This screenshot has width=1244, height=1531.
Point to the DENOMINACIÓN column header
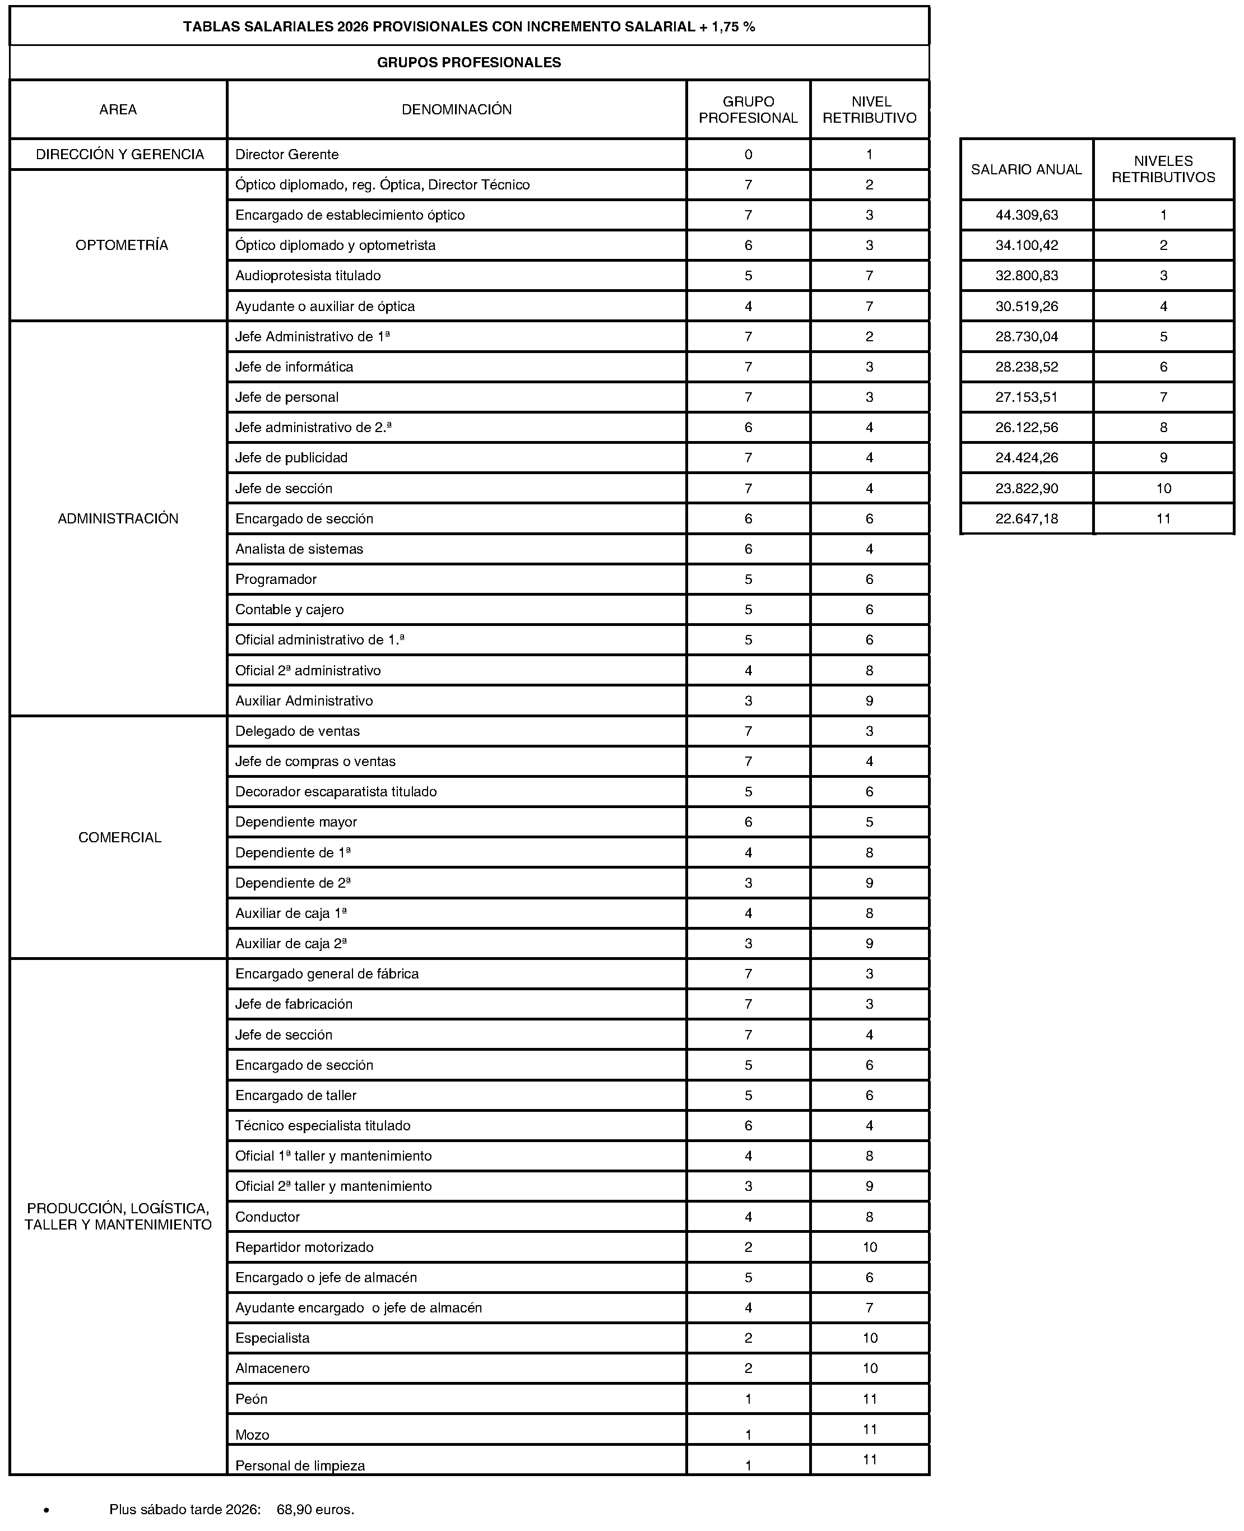pyautogui.click(x=457, y=110)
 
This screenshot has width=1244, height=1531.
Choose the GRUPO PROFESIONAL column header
pyautogui.click(x=748, y=110)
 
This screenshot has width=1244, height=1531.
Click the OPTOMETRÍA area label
pyautogui.click(x=122, y=245)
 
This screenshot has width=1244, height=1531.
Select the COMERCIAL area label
pyautogui.click(x=120, y=837)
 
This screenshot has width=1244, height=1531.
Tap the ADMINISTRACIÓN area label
pyautogui.click(x=118, y=519)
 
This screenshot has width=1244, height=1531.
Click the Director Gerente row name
pyautogui.click(x=287, y=155)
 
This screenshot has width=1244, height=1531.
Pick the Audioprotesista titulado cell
pyautogui.click(x=308, y=276)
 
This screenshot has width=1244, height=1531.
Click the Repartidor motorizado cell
pyautogui.click(x=304, y=1247)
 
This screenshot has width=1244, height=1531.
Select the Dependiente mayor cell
pyautogui.click(x=296, y=822)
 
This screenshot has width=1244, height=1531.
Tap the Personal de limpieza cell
pyautogui.click(x=300, y=1466)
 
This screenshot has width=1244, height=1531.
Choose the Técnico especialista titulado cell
pyautogui.click(x=323, y=1125)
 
